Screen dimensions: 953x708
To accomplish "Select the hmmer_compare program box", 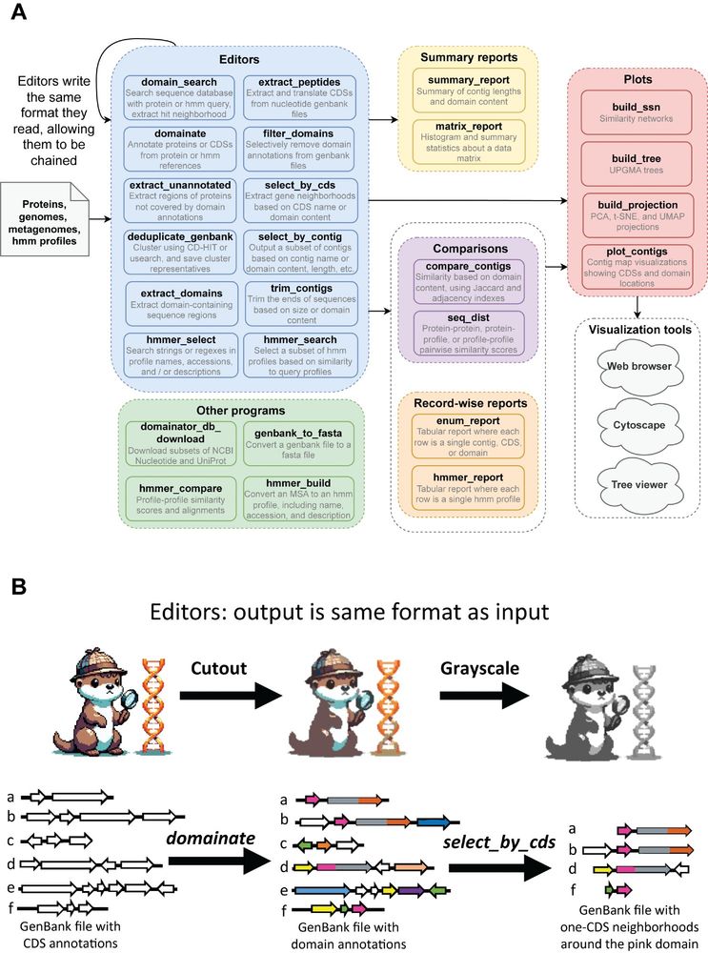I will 179,498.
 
